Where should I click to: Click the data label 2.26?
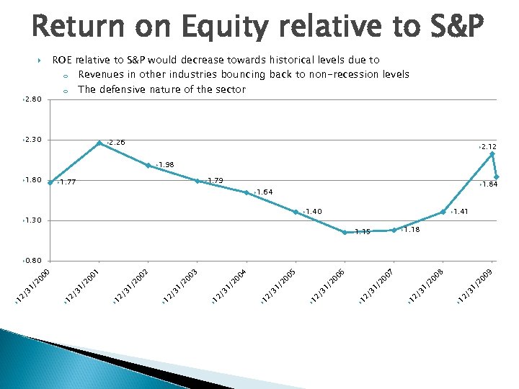pyautogui.click(x=117, y=143)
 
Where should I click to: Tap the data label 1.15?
pyautogui.click(x=362, y=232)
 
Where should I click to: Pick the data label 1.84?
pyautogui.click(x=489, y=185)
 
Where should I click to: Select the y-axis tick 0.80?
pyautogui.click(x=33, y=260)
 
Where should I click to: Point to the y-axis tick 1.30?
pyautogui.click(x=33, y=220)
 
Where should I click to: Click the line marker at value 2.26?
pyautogui.click(x=99, y=143)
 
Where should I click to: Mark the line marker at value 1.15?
pyautogui.click(x=345, y=232)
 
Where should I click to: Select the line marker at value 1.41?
pyautogui.click(x=443, y=212)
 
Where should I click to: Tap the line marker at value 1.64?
pyautogui.click(x=247, y=192)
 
